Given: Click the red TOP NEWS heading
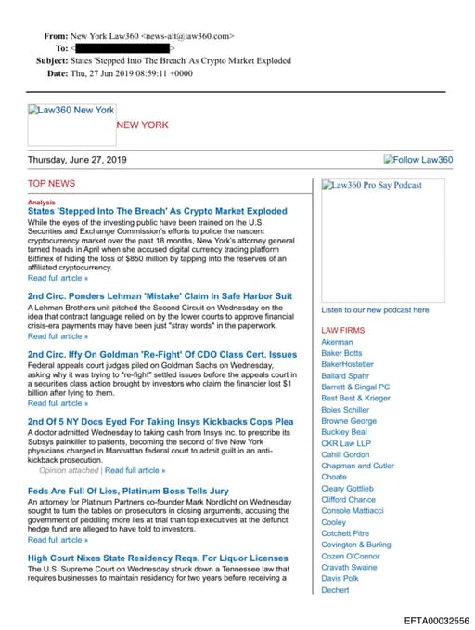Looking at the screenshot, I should tap(51, 184).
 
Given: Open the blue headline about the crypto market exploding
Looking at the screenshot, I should tap(157, 212).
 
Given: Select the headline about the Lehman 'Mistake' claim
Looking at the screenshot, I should tap(160, 295).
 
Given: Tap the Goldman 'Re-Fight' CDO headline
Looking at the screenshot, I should tap(162, 354).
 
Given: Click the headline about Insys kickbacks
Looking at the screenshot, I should tap(160, 421).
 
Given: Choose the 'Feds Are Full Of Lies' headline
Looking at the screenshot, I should tap(128, 490).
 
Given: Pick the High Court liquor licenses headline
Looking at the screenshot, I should tap(158, 558).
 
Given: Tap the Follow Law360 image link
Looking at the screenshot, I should tap(417, 160).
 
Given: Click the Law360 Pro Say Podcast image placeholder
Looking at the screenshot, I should tap(371, 185).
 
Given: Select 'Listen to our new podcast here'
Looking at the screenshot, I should tap(375, 309).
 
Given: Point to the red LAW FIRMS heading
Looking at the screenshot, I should tap(342, 330).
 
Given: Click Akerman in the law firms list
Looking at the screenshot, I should tap(337, 342).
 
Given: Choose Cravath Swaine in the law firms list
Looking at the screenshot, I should tap(349, 567).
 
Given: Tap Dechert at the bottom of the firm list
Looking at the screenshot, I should tap(335, 589).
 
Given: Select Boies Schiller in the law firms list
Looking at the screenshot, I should tap(345, 410).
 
